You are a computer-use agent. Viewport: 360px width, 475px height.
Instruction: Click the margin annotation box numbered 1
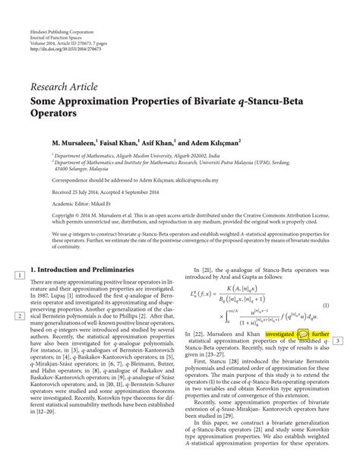point(17,274)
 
